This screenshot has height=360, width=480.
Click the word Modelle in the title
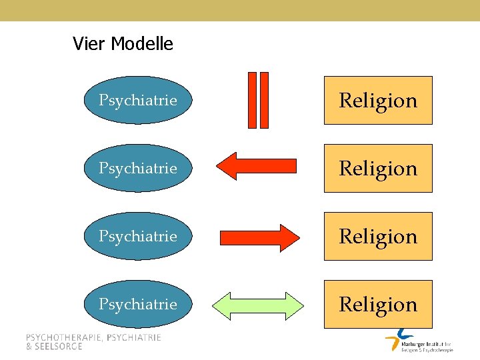[142, 44]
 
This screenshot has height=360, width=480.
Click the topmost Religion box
[378, 100]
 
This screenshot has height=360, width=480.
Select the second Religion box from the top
[378, 168]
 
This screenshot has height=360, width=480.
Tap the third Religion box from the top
[378, 236]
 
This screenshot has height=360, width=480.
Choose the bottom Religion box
[378, 304]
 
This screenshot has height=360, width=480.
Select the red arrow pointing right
[260, 237]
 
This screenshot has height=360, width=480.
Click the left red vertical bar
[252, 99]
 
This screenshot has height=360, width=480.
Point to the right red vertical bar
[264, 99]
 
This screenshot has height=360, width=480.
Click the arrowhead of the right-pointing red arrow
[291, 237]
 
